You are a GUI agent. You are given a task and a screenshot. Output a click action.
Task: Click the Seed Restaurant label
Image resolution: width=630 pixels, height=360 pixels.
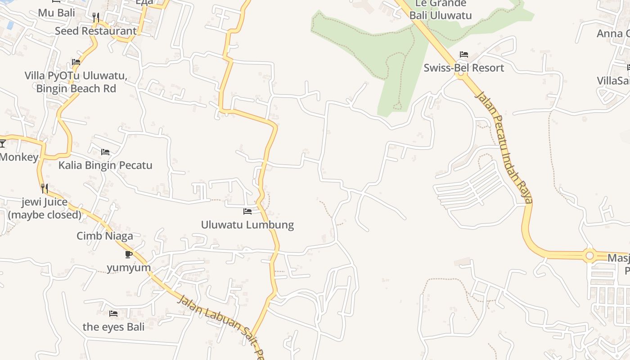[95, 31]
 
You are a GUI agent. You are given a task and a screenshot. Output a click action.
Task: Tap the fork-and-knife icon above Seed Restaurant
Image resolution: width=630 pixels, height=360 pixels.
[95, 18]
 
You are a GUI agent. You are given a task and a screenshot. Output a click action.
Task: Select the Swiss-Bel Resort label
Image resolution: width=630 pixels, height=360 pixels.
[463, 68]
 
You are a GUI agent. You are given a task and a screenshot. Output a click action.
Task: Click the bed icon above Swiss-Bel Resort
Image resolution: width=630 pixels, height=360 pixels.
[464, 55]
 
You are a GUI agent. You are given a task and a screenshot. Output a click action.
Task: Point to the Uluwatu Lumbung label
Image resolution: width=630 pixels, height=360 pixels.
[247, 225]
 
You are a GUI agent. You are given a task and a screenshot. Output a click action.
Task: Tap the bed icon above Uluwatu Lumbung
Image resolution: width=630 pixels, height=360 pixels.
[247, 211]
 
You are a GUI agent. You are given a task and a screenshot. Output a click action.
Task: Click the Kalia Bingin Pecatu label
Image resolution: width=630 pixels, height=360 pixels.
[105, 165]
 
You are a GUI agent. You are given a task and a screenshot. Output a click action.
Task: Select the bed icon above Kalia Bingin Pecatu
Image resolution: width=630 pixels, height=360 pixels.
[105, 152]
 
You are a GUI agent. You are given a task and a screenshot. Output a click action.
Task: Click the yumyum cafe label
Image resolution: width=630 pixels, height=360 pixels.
[129, 268]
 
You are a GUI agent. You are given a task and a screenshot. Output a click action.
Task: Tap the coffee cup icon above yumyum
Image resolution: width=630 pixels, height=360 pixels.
[129, 255]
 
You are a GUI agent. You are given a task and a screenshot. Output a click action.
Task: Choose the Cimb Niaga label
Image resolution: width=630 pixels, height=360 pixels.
[105, 236]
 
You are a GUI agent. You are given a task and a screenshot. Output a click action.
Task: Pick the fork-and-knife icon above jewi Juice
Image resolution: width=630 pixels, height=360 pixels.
[45, 188]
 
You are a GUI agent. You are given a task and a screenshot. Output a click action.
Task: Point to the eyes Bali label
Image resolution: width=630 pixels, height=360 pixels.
[113, 327]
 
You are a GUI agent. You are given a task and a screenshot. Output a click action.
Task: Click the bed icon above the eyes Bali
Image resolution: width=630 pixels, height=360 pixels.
[113, 314]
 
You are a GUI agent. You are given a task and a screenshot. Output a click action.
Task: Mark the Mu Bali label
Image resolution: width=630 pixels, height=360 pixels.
[56, 13]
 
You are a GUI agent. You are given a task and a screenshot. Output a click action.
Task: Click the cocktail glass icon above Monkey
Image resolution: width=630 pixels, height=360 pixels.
[2, 144]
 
